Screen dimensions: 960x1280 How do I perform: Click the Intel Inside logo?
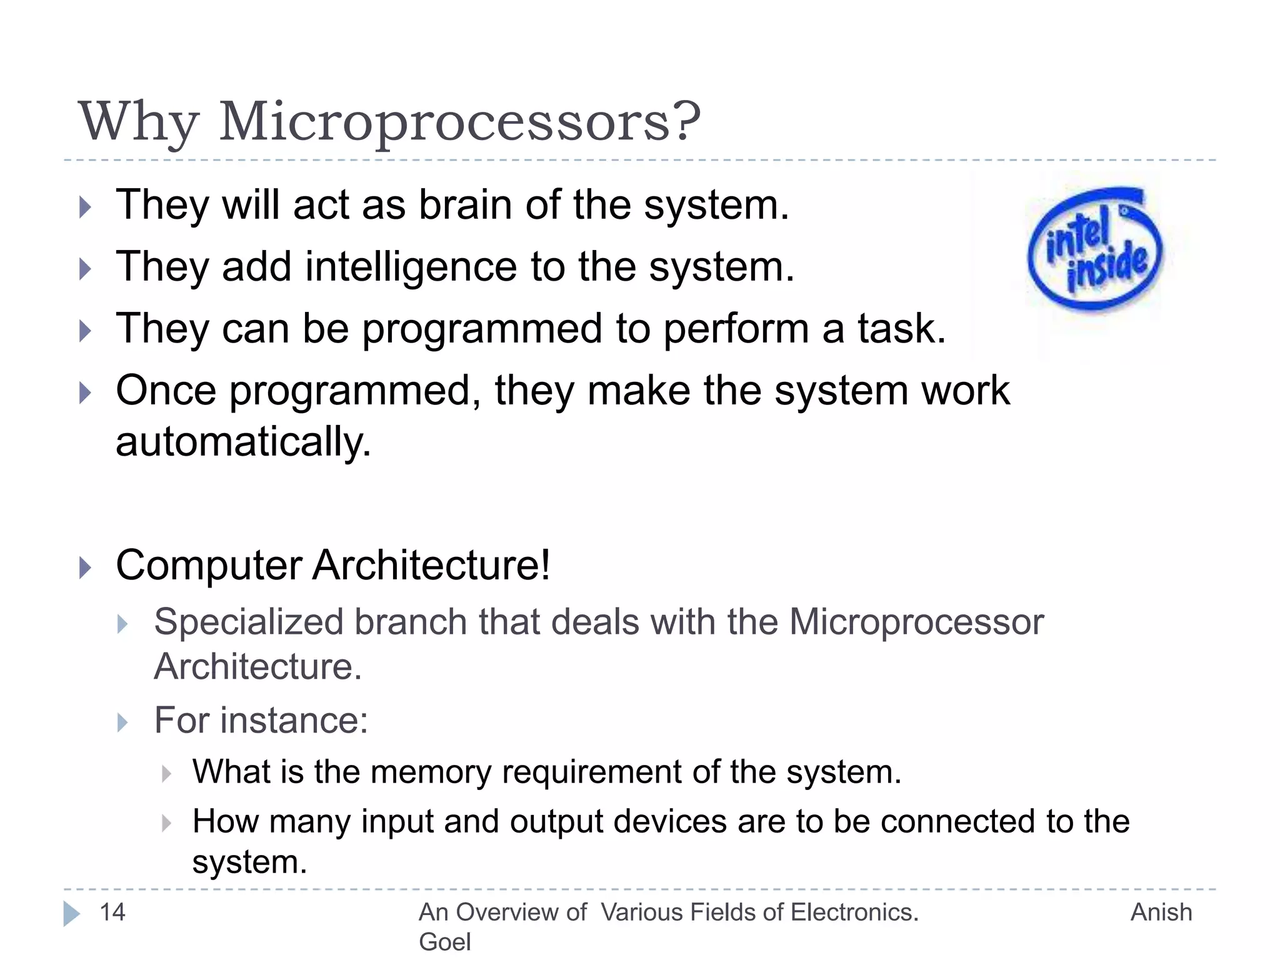[x=1095, y=250]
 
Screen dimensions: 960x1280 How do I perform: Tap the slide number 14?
[x=112, y=912]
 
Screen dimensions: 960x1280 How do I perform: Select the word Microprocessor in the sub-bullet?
[x=916, y=622]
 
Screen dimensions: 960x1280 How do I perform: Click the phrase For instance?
[x=261, y=720]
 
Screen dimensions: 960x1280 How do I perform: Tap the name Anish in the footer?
[x=1161, y=912]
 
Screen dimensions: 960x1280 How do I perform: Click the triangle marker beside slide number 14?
[x=71, y=913]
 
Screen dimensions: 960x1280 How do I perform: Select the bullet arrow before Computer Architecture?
[x=86, y=567]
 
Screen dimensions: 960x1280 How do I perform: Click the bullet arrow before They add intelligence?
[x=86, y=269]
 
